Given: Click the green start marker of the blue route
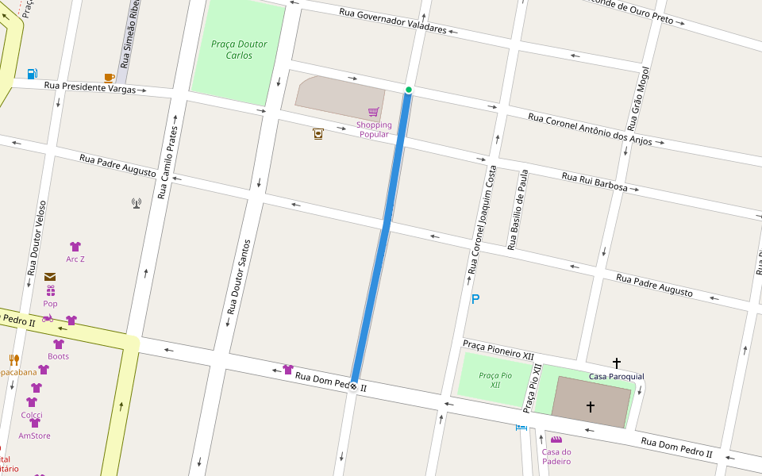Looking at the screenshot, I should pos(409,90).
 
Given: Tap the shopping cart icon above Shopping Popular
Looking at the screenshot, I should pos(373,112).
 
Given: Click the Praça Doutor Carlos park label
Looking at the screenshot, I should pos(239,50).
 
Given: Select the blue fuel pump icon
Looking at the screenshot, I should pos(32,74).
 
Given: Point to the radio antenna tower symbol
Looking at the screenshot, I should pos(137,203).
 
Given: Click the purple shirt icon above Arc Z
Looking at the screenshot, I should pos(75,247).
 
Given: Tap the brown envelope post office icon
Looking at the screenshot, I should pos(50,277).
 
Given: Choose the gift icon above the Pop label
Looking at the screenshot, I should pos(50,291).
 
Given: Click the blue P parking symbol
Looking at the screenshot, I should pos(475,299).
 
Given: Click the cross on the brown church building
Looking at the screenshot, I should pos(590,406).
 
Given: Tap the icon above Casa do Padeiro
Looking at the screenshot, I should pos(556,440).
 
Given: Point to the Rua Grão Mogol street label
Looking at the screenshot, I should pos(633,99).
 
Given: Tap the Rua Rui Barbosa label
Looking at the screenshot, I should pos(595,182).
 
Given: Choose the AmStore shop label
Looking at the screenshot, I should pos(34,436).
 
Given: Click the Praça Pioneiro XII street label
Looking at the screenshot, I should pos(498,352).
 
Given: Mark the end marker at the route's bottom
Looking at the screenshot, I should pos(353,387).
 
